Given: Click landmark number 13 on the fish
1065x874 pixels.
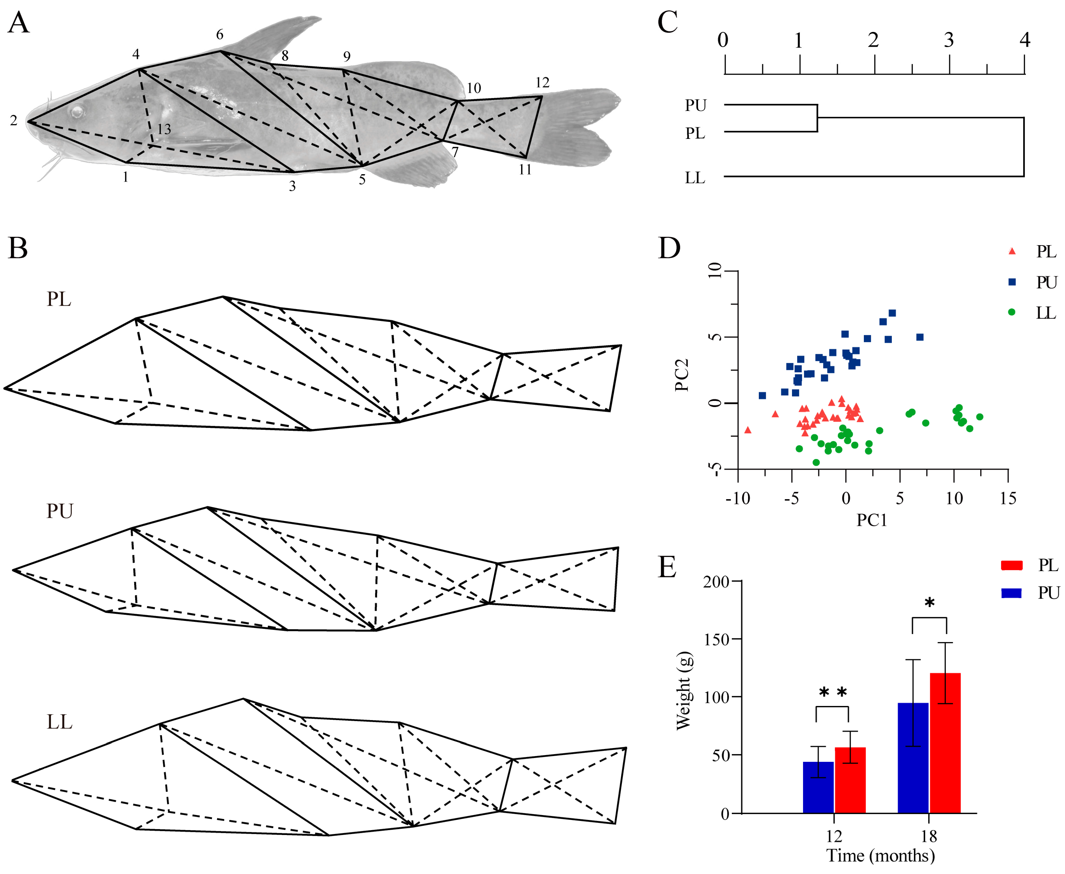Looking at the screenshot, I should pyautogui.click(x=164, y=129).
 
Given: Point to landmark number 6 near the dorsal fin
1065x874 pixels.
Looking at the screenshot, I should pyautogui.click(x=220, y=35).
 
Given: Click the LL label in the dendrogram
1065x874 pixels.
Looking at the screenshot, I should pyautogui.click(x=695, y=178).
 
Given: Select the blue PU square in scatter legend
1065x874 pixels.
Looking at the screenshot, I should pyautogui.click(x=1012, y=282).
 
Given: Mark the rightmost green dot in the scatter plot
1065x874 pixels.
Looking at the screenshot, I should pyautogui.click(x=979, y=417).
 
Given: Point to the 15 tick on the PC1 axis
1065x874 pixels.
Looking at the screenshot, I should pyautogui.click(x=1008, y=498).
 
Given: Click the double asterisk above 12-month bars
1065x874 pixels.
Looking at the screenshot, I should pyautogui.click(x=833, y=693).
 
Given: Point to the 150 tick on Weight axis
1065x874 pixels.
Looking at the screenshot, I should pyautogui.click(x=716, y=639).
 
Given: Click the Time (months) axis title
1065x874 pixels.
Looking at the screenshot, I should pyautogui.click(x=880, y=856).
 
